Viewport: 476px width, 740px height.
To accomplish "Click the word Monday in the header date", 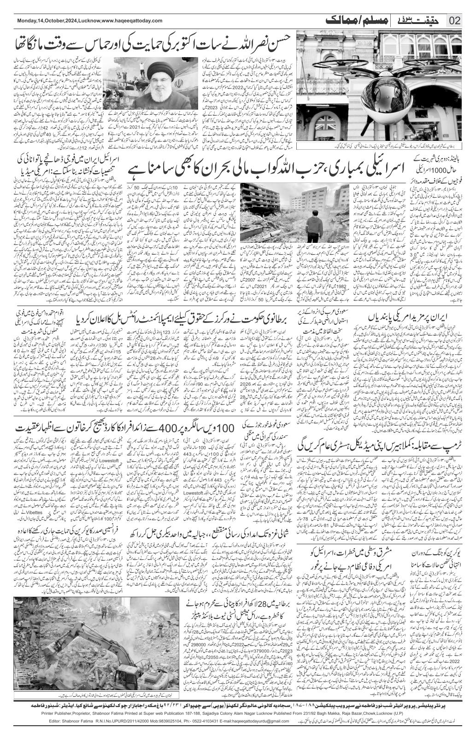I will coord(27,21).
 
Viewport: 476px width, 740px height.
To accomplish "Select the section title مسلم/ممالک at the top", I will coord(347,20).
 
